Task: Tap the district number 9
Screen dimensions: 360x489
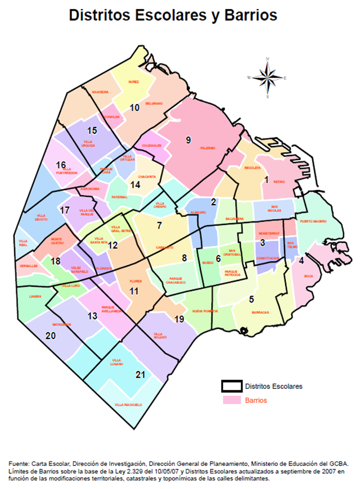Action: (x=188, y=139)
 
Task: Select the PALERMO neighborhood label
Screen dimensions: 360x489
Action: (x=208, y=148)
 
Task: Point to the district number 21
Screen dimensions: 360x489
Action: (x=141, y=375)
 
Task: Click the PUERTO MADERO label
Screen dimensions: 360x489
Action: (x=312, y=223)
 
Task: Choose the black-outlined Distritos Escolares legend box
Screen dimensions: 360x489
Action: (x=231, y=386)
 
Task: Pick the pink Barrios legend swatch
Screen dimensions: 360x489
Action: (x=231, y=400)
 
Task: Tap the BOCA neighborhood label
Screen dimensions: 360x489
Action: (x=308, y=276)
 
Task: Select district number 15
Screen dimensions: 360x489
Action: (x=92, y=130)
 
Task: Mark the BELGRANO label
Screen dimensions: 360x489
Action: (x=154, y=103)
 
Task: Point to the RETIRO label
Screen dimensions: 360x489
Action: (x=280, y=182)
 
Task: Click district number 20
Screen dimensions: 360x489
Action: (x=51, y=336)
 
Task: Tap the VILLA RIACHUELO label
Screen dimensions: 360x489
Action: (x=128, y=405)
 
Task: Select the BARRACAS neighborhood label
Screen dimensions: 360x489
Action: (x=260, y=312)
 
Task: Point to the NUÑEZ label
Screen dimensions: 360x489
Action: (x=133, y=81)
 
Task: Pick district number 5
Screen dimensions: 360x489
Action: (x=252, y=298)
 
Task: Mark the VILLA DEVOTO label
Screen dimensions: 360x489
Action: (x=42, y=217)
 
